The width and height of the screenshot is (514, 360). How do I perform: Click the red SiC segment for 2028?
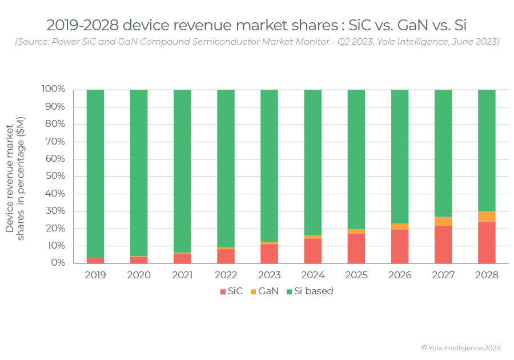(487, 243)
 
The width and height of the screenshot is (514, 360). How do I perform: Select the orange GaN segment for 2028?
(487, 217)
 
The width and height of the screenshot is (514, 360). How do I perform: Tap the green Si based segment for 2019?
(95, 171)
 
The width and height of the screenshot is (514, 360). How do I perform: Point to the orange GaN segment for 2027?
(443, 221)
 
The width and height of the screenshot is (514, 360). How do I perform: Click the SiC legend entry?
(231, 291)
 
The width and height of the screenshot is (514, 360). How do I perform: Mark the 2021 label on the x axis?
(182, 275)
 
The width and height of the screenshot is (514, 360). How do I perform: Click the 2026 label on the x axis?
(400, 275)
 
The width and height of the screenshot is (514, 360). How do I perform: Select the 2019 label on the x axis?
(95, 275)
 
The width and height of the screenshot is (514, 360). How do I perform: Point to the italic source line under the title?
(257, 42)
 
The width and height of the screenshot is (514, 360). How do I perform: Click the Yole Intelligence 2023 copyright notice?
(460, 348)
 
